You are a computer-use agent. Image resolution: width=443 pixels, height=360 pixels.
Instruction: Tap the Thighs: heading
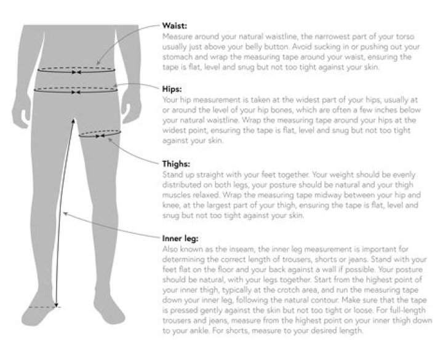175,164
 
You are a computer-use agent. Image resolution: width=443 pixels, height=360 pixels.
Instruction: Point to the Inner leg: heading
179,238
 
